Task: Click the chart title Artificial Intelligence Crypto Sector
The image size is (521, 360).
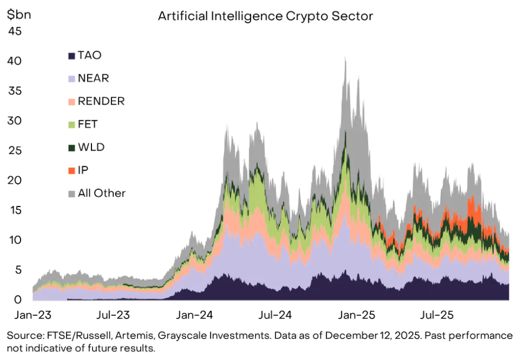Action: click(x=265, y=16)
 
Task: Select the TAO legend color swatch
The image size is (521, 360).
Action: click(x=71, y=55)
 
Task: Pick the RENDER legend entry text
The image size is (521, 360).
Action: click(x=101, y=101)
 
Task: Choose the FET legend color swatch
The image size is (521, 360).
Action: click(x=71, y=125)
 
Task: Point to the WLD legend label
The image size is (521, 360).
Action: click(x=91, y=147)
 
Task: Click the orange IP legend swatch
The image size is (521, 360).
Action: click(x=71, y=171)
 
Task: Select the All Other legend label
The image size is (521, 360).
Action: click(x=101, y=193)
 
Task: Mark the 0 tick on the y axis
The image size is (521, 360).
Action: click(x=17, y=300)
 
